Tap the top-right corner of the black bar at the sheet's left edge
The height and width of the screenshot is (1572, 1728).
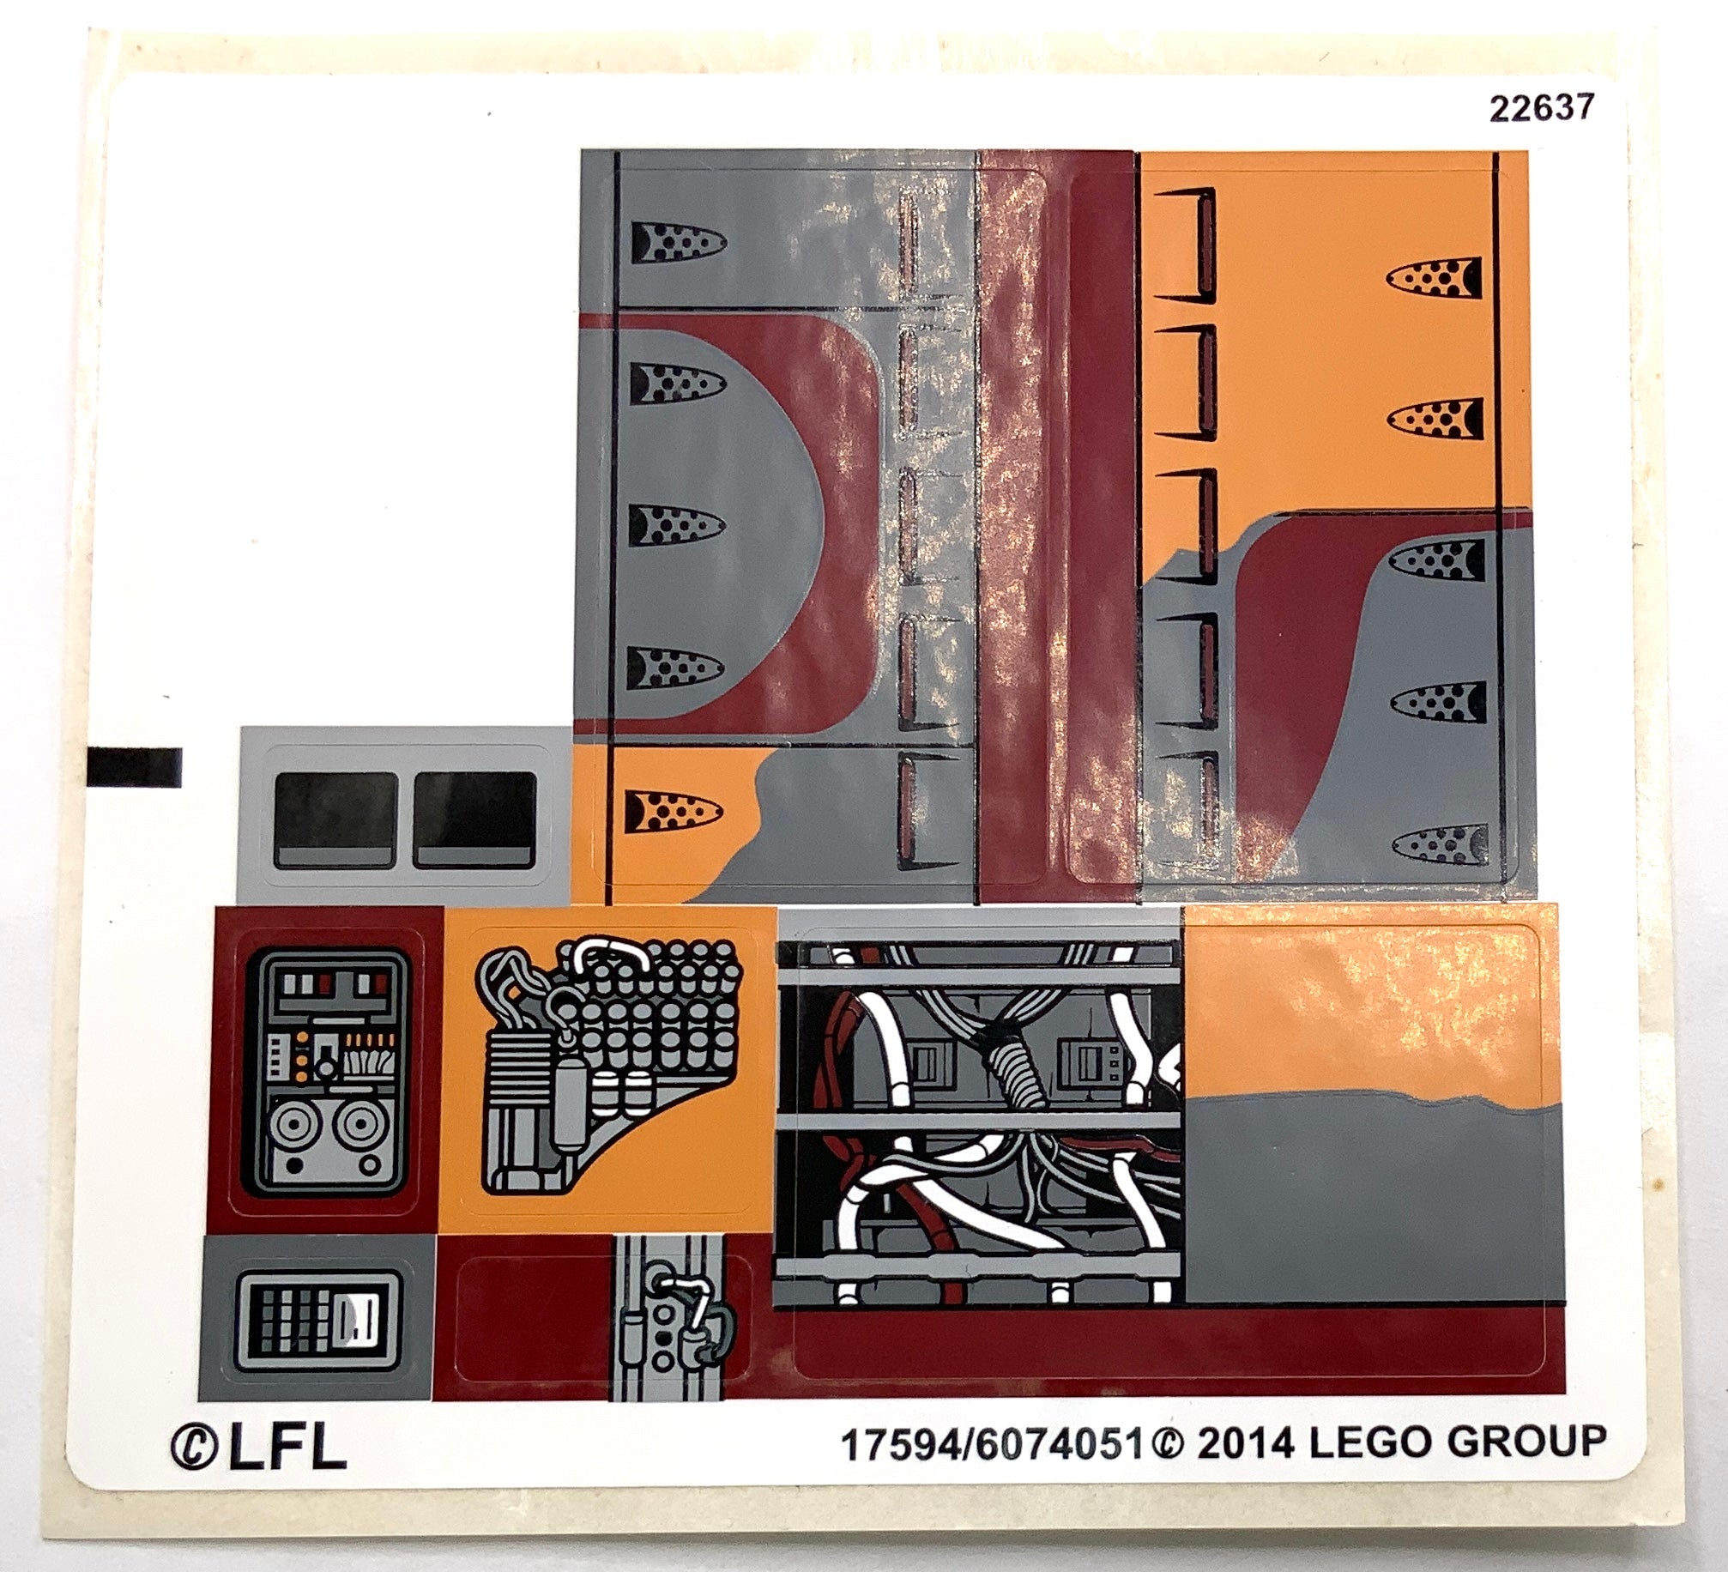tap(182, 748)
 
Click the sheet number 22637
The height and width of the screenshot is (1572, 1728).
tap(1542, 108)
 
